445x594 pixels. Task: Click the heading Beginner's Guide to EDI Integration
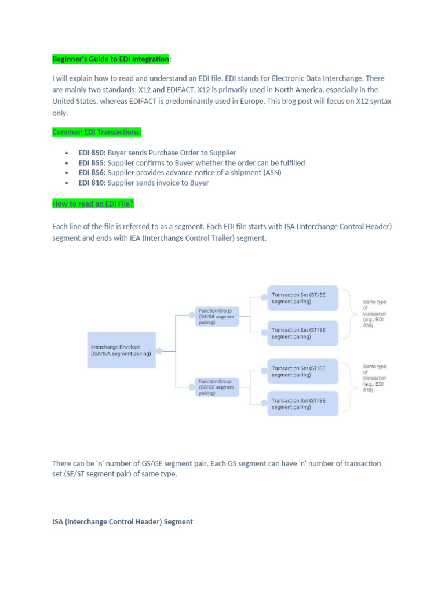(111, 59)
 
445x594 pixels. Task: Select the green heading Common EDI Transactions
(97, 132)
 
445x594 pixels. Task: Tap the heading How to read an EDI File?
(93, 204)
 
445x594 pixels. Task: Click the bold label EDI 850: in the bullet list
(92, 153)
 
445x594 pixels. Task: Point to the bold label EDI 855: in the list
(92, 163)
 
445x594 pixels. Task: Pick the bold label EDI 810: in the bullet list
(92, 183)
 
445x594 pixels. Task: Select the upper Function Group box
(215, 317)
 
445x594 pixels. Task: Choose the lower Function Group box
(215, 387)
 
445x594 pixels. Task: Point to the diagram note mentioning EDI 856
(374, 314)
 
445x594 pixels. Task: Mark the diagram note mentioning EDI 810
(374, 378)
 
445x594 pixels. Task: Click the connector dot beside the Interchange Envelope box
(159, 350)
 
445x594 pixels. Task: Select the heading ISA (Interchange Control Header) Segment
(122, 522)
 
